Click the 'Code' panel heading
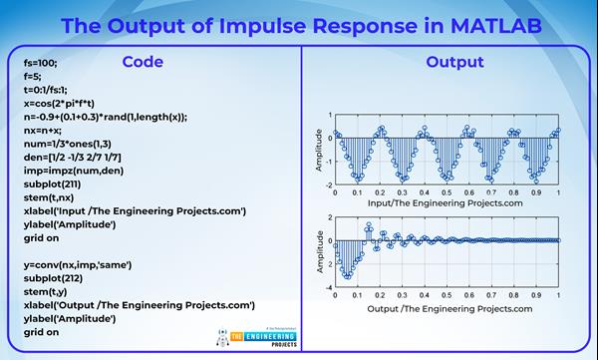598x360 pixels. pyautogui.click(x=143, y=62)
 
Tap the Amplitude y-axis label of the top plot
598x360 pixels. pyautogui.click(x=319, y=149)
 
